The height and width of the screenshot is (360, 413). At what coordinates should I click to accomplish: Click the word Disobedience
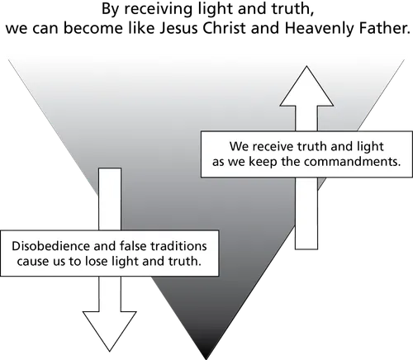(48, 247)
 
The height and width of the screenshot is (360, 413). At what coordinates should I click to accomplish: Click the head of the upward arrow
(306, 87)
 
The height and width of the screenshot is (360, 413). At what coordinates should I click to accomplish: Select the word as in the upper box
(220, 163)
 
